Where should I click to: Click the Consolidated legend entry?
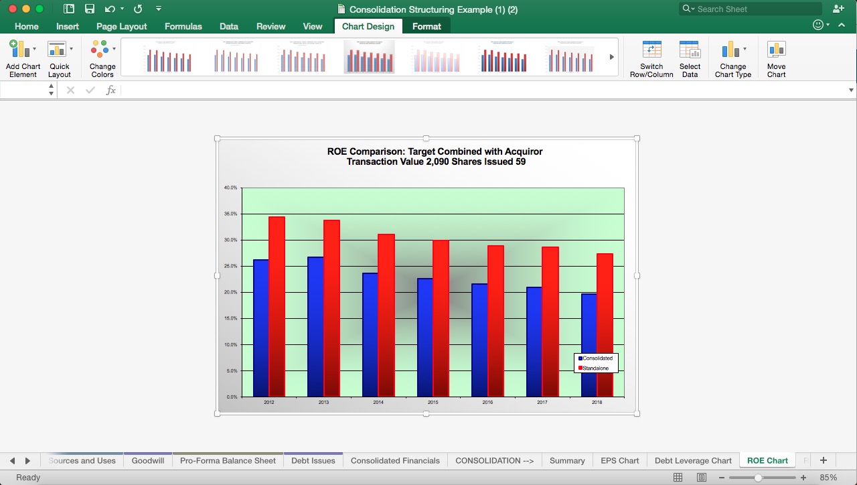(x=597, y=358)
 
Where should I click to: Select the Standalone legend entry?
(x=595, y=368)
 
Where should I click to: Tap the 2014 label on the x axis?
(x=378, y=403)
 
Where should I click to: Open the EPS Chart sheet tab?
(x=619, y=460)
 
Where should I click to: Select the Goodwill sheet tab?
(x=147, y=460)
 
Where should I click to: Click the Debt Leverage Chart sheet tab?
(x=693, y=460)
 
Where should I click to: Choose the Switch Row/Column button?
(x=651, y=59)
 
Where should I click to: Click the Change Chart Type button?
(x=732, y=59)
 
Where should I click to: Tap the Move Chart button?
(x=776, y=59)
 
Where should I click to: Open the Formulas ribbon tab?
(x=183, y=26)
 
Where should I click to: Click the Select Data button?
(x=690, y=59)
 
